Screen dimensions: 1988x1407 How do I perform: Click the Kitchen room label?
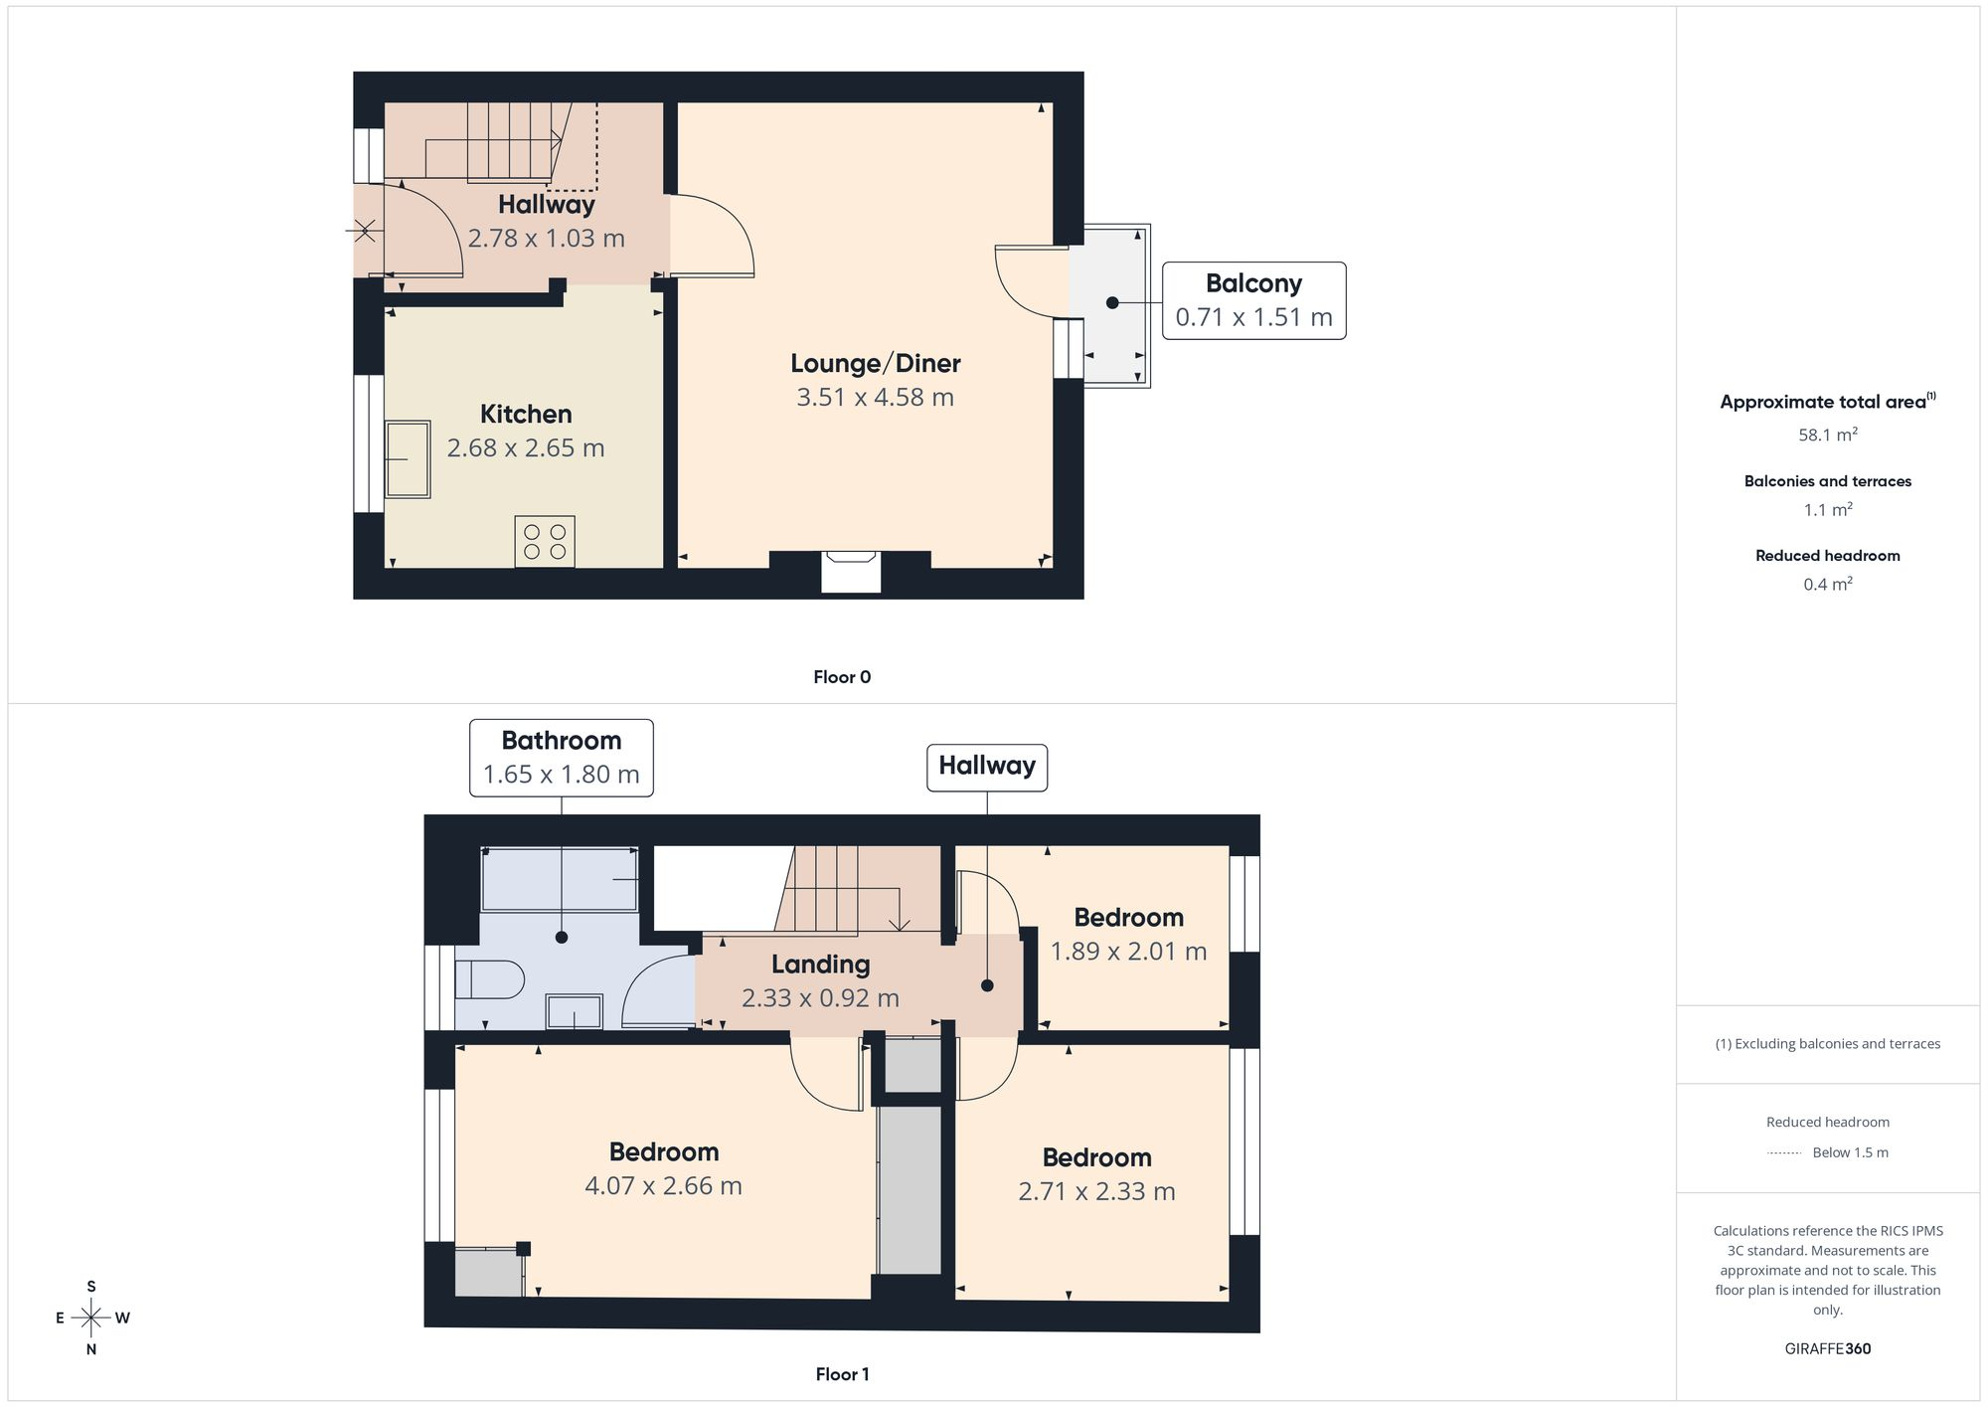pos(526,414)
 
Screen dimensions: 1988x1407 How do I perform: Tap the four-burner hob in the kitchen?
pos(545,542)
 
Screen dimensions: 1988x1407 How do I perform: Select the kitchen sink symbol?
pos(408,458)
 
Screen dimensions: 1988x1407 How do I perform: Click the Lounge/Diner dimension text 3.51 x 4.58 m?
pos(875,398)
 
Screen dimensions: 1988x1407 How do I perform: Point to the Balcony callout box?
pos(1254,300)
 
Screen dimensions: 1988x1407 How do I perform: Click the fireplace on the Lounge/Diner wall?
pos(851,572)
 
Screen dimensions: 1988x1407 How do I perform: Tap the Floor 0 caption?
pos(842,677)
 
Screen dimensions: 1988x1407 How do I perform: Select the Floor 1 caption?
pos(842,1374)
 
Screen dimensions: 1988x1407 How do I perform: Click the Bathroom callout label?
pos(562,758)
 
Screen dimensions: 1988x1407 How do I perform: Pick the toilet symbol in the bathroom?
pos(489,979)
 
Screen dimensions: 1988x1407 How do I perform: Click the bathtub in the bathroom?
pos(560,879)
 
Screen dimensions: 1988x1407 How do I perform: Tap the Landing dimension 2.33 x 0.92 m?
pos(820,998)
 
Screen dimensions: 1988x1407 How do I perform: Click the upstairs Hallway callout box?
pos(987,768)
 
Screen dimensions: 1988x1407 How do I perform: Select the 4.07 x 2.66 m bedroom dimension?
pos(663,1186)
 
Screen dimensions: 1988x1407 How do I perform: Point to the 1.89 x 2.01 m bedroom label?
pos(1129,935)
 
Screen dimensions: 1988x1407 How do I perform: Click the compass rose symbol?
pos(91,1319)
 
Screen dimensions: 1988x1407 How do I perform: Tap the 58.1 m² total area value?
pos(1828,435)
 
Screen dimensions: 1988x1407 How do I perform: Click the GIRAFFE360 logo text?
pos(1828,1349)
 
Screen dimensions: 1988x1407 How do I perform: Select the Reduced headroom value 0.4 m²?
pos(1828,584)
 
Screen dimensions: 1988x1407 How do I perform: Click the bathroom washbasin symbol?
pos(575,1012)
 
